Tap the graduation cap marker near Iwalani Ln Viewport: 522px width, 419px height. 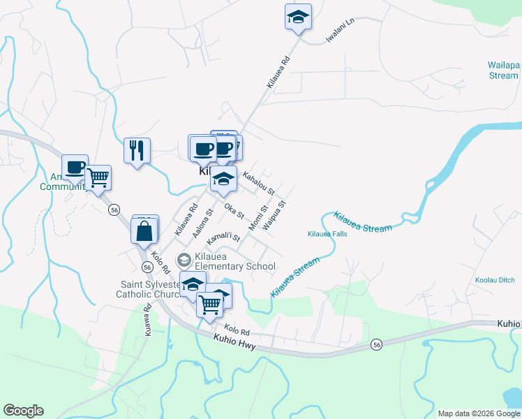point(298,17)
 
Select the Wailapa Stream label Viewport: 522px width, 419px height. point(503,71)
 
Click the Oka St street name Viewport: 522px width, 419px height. point(234,211)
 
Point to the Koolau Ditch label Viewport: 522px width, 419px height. point(495,280)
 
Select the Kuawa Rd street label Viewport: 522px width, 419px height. point(148,321)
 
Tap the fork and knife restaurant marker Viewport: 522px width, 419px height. point(137,150)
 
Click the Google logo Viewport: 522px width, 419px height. point(23,411)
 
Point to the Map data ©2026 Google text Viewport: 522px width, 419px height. point(479,413)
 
